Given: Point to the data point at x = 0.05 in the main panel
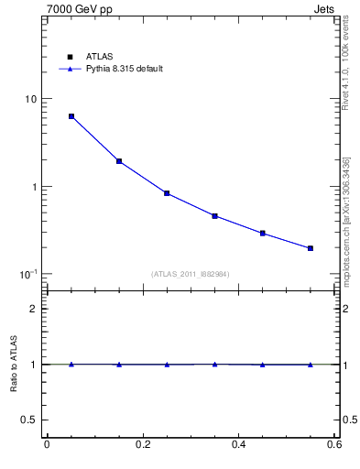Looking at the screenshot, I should click(x=71, y=116).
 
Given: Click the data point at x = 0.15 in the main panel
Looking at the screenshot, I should click(x=119, y=161).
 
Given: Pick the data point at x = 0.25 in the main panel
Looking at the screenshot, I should click(x=167, y=193).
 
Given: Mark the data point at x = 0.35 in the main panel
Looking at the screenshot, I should click(x=214, y=216).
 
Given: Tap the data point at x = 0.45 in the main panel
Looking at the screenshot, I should click(x=263, y=234).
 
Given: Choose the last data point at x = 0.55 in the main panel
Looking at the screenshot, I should click(x=311, y=248).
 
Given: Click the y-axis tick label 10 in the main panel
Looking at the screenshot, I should click(x=29, y=99).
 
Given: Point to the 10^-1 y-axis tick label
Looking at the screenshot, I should click(x=27, y=275).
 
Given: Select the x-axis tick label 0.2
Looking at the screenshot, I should click(x=142, y=444).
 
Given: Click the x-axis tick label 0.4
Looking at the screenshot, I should click(x=238, y=444).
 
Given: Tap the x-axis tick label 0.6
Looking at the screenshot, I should click(x=334, y=444).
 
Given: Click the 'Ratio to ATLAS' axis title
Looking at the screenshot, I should click(x=14, y=364).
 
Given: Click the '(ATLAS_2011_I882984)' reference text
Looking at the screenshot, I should click(x=191, y=274).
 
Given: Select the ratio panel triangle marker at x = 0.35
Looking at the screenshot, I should click(x=214, y=364).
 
